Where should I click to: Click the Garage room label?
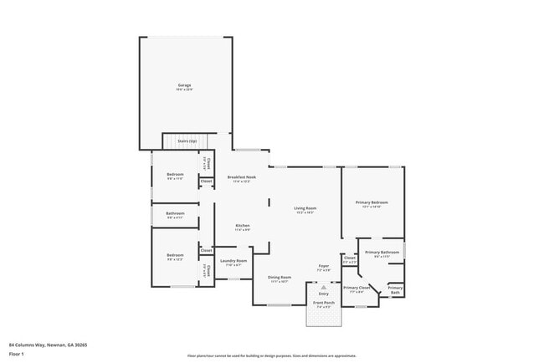185,85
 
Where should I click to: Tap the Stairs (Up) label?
187,141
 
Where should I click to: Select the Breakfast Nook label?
241,177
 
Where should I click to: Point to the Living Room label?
304,207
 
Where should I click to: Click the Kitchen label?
242,226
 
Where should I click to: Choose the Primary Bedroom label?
372,202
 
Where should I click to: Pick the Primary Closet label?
357,287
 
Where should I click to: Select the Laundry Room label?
234,260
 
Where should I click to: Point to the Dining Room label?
279,277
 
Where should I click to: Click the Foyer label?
323,266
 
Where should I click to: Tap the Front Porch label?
323,303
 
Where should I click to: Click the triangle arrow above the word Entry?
323,287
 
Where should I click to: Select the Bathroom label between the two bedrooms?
175,213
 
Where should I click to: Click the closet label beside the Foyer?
349,258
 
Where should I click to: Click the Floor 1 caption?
17,354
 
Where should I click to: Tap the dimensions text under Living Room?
304,212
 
